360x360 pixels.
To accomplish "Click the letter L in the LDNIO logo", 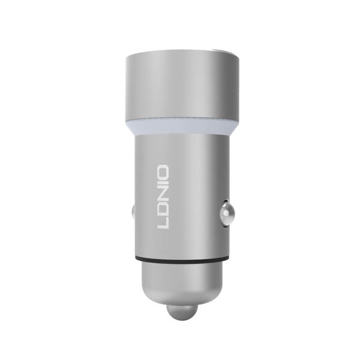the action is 163,223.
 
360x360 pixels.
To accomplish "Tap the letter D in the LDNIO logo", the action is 163,209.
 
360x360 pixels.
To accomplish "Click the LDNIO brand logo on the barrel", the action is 163,197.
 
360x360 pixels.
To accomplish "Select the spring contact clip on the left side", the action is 133,214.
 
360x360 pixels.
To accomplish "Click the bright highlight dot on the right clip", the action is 226,214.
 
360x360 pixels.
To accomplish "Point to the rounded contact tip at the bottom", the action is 182,313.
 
